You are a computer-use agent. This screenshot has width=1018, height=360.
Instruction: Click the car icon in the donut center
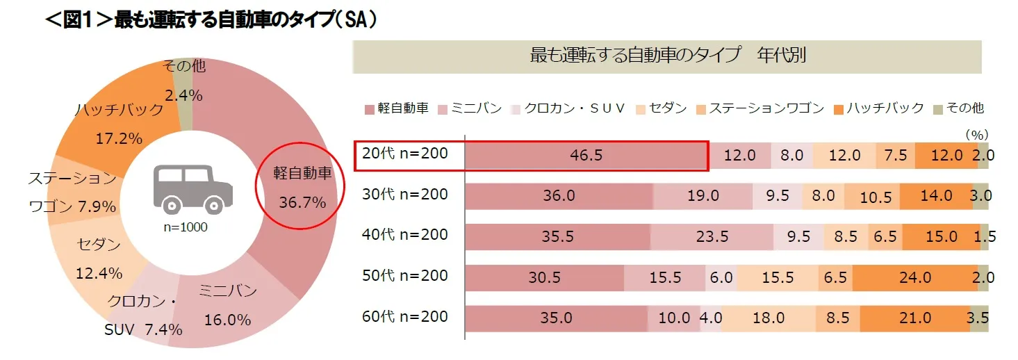pyautogui.click(x=191, y=188)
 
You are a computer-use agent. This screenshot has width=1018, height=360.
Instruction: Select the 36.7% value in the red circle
pyautogui.click(x=302, y=202)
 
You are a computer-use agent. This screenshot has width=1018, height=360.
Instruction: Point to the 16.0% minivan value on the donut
pyautogui.click(x=227, y=320)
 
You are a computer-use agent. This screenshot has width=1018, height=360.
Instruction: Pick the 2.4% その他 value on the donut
pyautogui.click(x=183, y=96)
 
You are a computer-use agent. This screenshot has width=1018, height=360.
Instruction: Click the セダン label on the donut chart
pyautogui.click(x=99, y=245)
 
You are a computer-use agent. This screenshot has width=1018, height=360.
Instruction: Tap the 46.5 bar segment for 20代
pyautogui.click(x=586, y=156)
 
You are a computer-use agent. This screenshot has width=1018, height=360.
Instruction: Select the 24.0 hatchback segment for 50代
pyautogui.click(x=914, y=277)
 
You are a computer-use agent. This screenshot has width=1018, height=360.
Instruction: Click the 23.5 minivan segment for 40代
pyautogui.click(x=711, y=237)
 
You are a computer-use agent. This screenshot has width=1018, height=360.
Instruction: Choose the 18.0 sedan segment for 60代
pyautogui.click(x=768, y=318)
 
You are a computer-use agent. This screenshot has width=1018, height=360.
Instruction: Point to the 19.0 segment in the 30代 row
pyautogui.click(x=703, y=196)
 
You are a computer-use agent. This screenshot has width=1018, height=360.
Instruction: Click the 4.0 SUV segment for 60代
pyautogui.click(x=709, y=318)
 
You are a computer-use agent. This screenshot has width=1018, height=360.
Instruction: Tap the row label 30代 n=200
pyautogui.click(x=405, y=194)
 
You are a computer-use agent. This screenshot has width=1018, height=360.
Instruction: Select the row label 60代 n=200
pyautogui.click(x=405, y=316)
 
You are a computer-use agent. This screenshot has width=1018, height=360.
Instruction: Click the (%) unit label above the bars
pyautogui.click(x=976, y=133)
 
